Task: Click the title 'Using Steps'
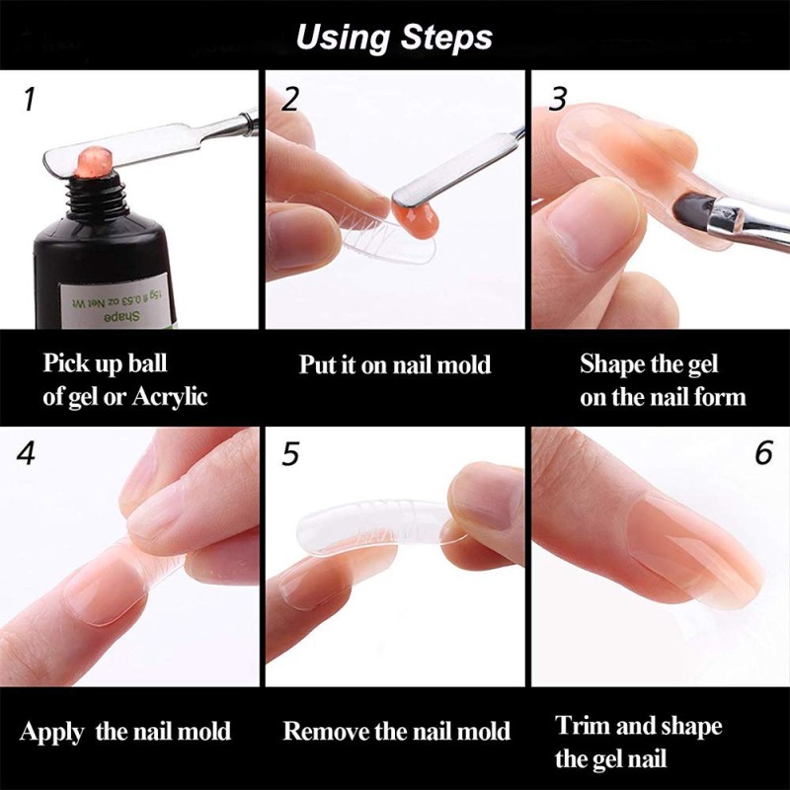(394, 38)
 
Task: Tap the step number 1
(29, 100)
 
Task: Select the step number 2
(290, 99)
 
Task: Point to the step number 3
(558, 99)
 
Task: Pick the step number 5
(290, 453)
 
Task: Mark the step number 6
(763, 453)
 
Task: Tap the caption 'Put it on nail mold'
(395, 364)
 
